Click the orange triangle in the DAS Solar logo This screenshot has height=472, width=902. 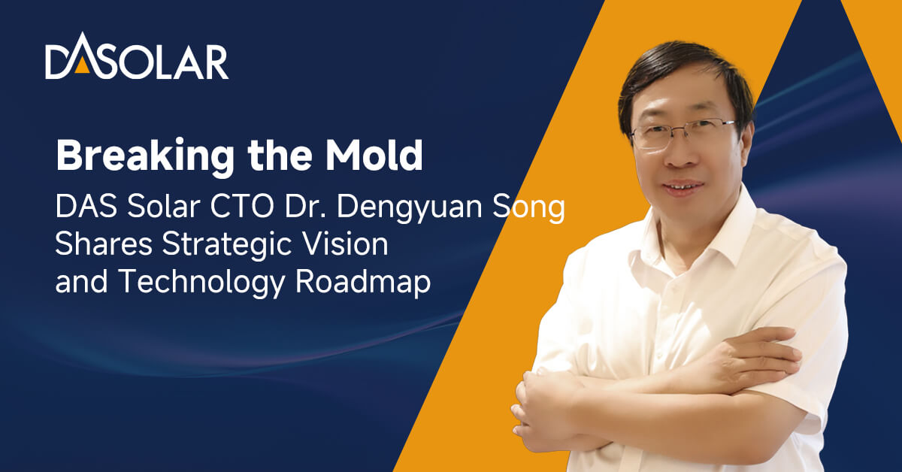[82, 66]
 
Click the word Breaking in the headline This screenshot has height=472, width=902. [145, 156]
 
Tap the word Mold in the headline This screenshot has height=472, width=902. [374, 156]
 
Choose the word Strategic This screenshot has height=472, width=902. [227, 246]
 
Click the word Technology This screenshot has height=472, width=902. [201, 283]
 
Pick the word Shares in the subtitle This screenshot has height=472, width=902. [104, 244]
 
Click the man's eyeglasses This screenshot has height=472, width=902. [683, 132]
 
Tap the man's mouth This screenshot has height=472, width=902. [683, 187]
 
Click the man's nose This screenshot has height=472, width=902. [680, 155]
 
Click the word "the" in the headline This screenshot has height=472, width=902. [280, 156]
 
